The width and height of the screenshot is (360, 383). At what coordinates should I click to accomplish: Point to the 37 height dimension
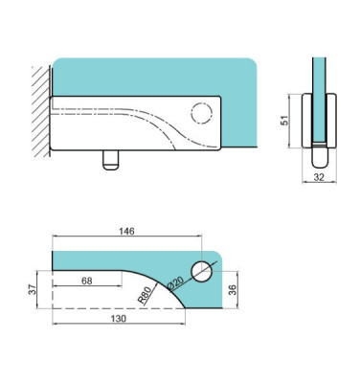tap(31, 289)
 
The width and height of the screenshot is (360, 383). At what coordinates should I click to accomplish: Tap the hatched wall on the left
tap(39, 109)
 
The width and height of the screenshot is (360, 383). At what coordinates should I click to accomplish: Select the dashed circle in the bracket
tap(202, 113)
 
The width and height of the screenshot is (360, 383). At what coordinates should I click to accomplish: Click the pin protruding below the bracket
tap(108, 160)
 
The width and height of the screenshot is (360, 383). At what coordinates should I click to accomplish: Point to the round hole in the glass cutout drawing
tap(201, 271)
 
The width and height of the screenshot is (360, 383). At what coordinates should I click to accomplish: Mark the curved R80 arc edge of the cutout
tap(164, 287)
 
